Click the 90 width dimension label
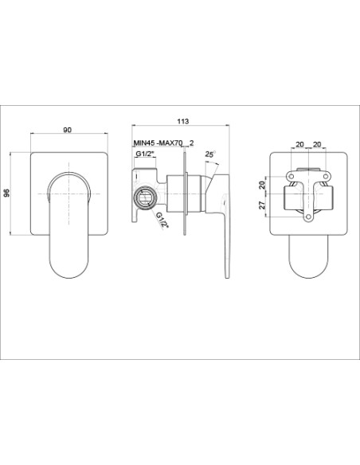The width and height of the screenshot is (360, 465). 68,130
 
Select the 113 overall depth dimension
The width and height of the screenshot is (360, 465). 182,121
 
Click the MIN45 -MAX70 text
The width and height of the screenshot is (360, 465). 158,143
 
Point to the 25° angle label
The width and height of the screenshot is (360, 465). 210,154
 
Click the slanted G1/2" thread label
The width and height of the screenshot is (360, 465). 162,220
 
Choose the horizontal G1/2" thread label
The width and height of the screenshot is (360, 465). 145,154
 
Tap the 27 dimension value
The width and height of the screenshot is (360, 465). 262,205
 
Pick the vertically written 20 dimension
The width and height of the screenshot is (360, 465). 262,186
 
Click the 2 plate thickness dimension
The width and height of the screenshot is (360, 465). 191,143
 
